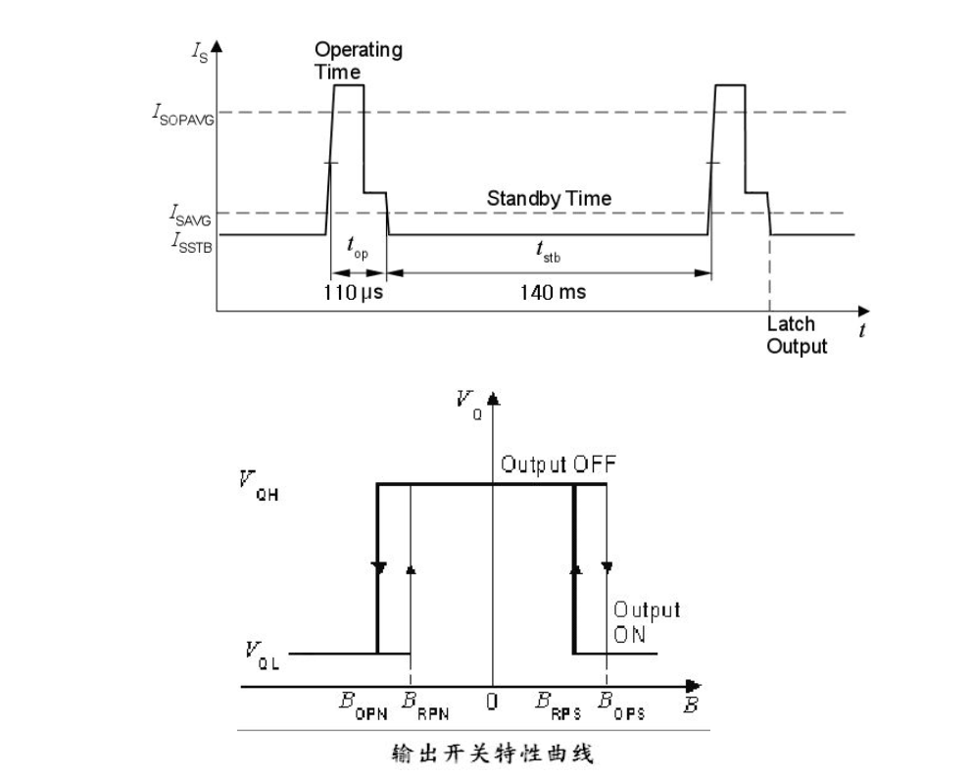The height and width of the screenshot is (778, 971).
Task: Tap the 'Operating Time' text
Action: coord(358,61)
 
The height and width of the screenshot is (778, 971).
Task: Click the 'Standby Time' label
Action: coord(549,199)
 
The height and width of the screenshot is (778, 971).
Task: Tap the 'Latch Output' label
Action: coord(797,334)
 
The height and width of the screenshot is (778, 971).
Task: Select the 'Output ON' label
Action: coord(646,621)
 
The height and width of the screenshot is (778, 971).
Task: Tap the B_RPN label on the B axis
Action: coord(421,705)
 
